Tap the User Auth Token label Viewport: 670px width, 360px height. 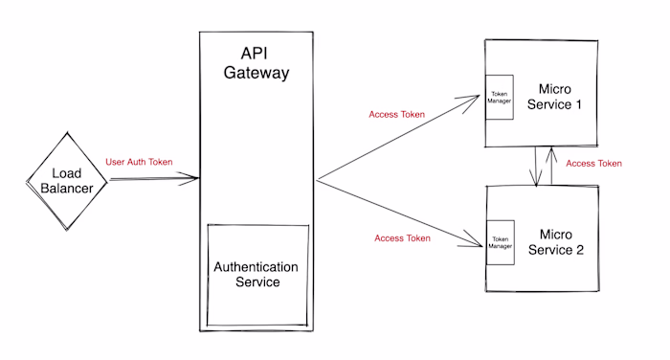(139, 162)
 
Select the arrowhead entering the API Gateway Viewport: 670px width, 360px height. (194, 178)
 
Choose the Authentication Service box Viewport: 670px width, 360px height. (257, 275)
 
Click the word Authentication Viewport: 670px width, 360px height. (257, 266)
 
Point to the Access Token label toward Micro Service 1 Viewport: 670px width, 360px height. (396, 115)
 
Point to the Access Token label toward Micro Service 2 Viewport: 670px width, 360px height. (402, 238)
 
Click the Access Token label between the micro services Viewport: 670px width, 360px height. (593, 164)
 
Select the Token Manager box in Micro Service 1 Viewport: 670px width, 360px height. (498, 97)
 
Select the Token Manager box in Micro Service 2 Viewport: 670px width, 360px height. (501, 242)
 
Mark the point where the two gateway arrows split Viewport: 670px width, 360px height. (317, 179)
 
